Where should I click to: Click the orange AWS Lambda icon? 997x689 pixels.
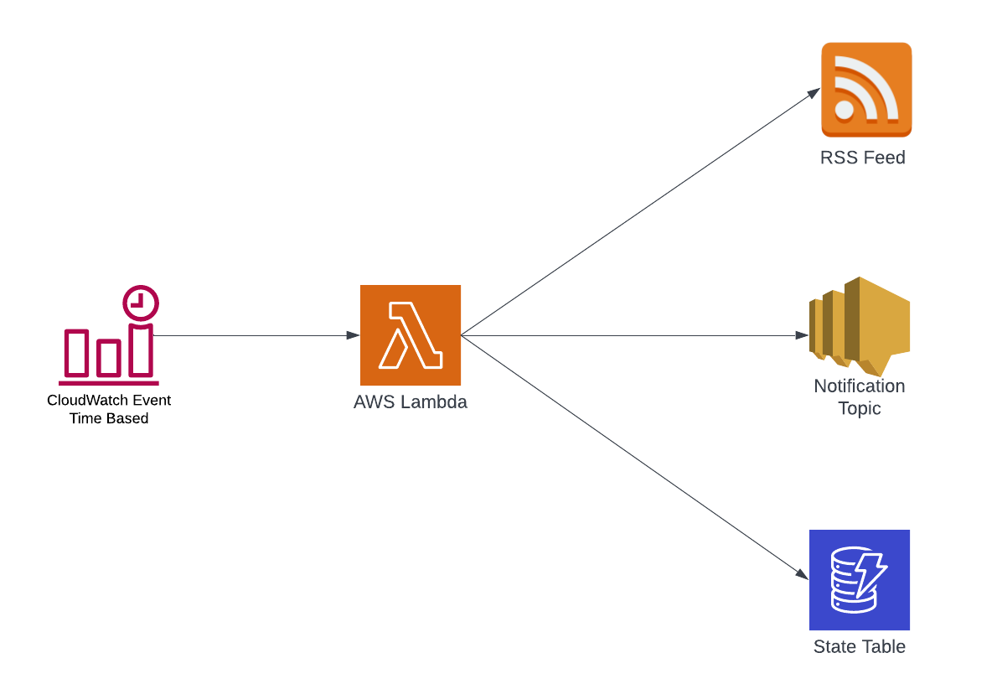point(410,335)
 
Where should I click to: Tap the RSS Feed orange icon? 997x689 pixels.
point(865,90)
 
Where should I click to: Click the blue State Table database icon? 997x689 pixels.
point(859,580)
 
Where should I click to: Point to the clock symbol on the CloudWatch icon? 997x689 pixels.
point(141,303)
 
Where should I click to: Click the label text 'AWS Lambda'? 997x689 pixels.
point(410,402)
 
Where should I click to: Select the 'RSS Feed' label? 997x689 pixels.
point(862,158)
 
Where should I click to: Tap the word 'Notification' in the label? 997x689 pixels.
point(859,386)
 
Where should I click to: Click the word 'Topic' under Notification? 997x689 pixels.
point(859,409)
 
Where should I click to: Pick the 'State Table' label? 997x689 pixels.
point(859,647)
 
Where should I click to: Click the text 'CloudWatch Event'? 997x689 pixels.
point(109,401)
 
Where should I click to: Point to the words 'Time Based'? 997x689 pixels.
point(109,418)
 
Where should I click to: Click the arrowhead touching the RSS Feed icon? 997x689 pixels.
point(814,92)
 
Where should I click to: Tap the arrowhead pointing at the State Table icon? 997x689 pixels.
point(803,575)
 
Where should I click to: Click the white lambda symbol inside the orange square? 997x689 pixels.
point(410,335)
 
